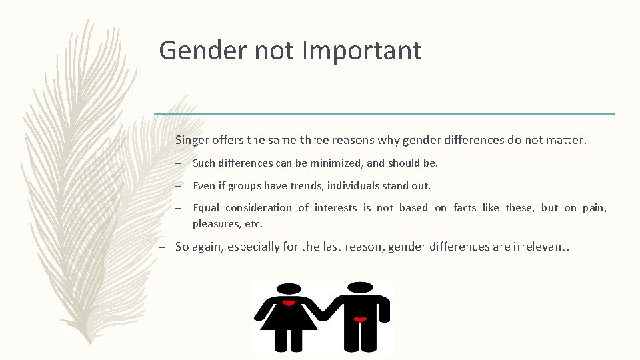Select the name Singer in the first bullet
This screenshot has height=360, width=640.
click(x=193, y=140)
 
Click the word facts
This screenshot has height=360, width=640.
click(x=465, y=208)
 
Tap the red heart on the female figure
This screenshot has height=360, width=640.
click(x=289, y=303)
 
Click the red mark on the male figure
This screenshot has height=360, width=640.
click(x=360, y=321)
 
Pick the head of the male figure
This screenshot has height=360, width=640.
click(x=360, y=287)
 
